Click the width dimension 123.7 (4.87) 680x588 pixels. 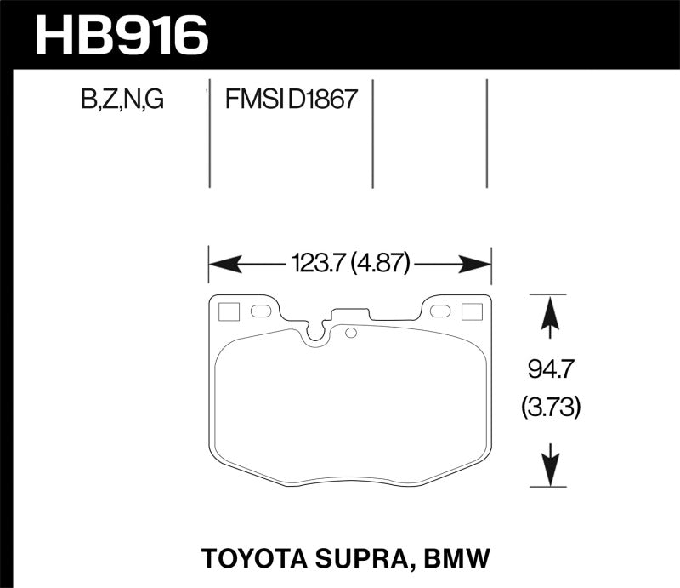[x=351, y=265]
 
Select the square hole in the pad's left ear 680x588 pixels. [x=228, y=312]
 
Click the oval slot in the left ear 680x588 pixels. [x=261, y=311]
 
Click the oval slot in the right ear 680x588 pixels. [x=440, y=311]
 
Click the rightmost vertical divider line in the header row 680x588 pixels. [x=487, y=134]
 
